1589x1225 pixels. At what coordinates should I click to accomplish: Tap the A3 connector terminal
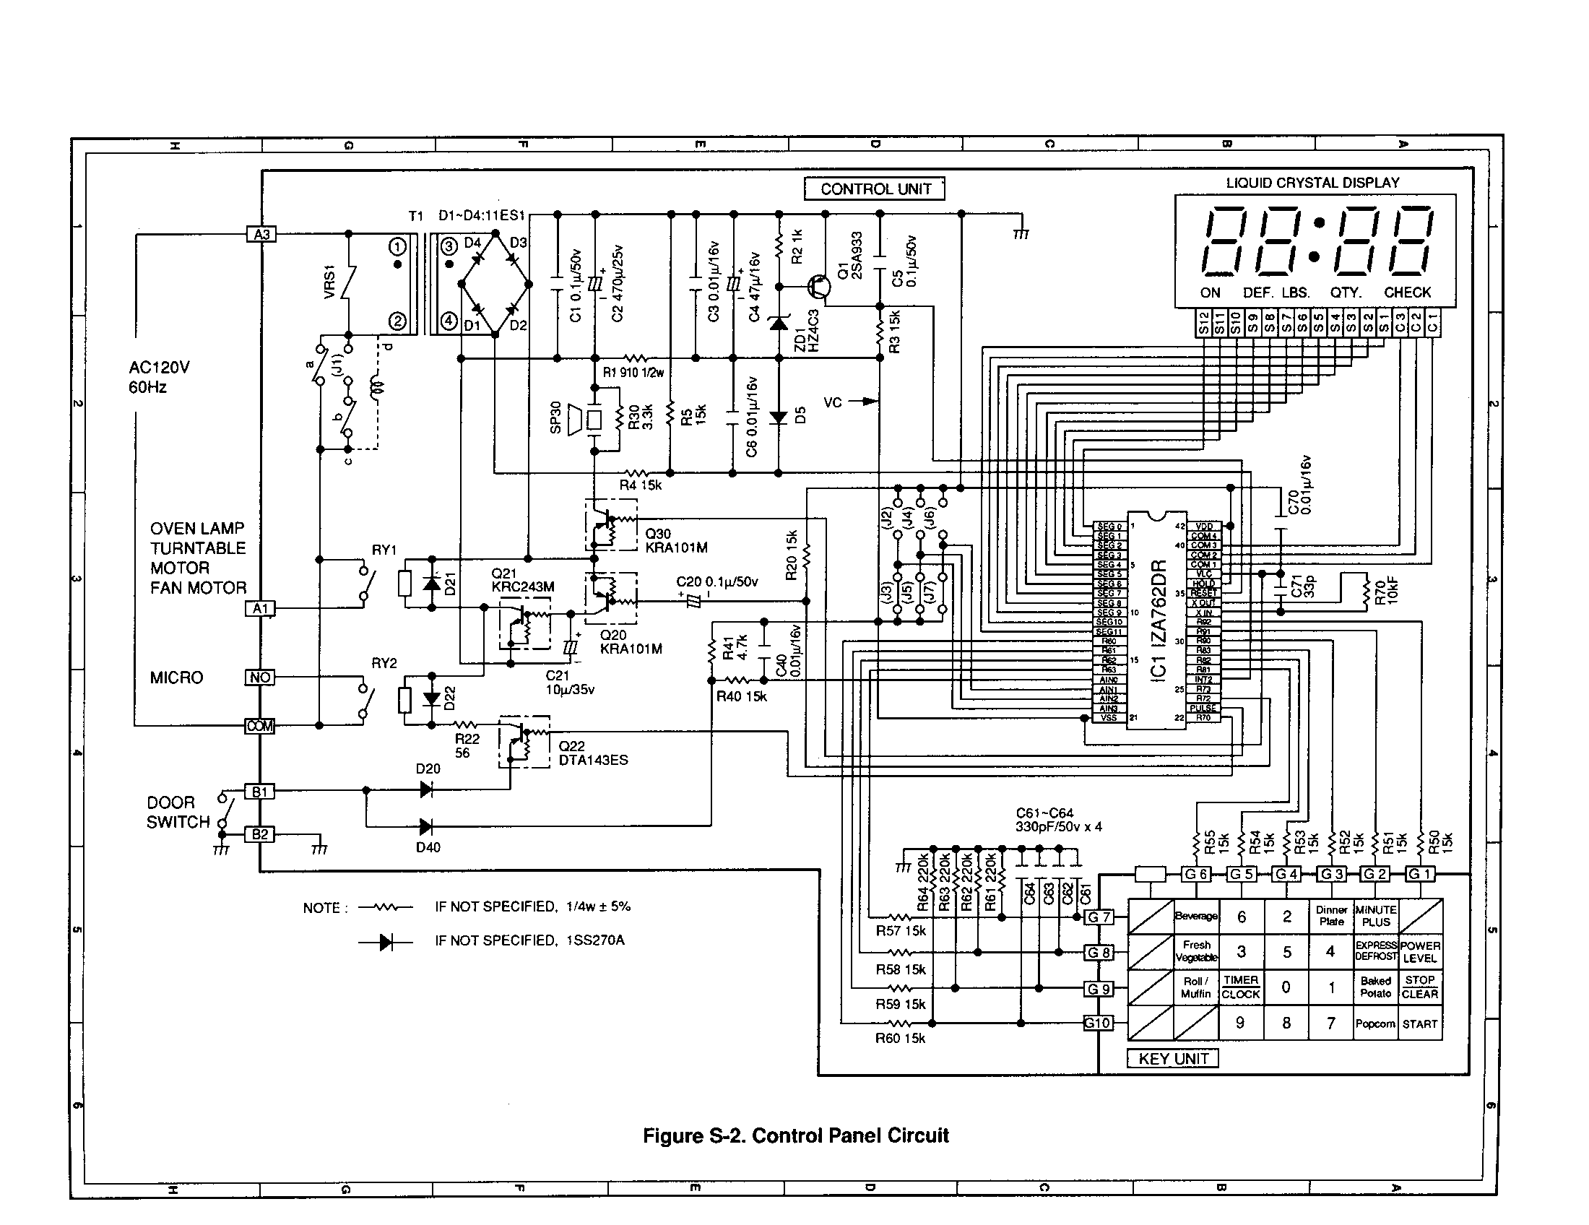click(x=261, y=234)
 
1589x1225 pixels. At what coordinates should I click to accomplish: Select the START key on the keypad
click(x=1419, y=1024)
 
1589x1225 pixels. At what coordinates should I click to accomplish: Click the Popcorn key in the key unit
click(x=1374, y=1024)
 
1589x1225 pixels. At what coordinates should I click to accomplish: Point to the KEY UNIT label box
click(x=1172, y=1059)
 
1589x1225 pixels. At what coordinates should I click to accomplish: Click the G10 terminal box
click(x=1097, y=1023)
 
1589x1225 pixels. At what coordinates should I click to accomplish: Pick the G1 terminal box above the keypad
click(x=1419, y=874)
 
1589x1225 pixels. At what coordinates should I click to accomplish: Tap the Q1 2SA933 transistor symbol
click(x=820, y=287)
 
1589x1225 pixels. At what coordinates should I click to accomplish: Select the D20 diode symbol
click(x=426, y=789)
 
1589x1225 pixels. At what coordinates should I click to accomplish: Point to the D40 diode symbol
click(x=426, y=826)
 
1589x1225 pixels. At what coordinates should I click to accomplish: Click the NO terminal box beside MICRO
click(x=260, y=678)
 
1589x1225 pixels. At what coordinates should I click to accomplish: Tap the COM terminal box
click(x=260, y=726)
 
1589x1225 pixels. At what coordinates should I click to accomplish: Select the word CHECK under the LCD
click(x=1406, y=293)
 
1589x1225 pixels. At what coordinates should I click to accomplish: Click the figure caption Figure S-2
click(x=795, y=1135)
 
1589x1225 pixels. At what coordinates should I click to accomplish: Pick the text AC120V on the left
click(x=159, y=368)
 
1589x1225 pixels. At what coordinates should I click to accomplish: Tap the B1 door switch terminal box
click(x=260, y=792)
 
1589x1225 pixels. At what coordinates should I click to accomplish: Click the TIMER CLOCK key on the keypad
click(x=1240, y=987)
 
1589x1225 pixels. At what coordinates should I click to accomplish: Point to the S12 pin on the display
click(x=1203, y=323)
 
